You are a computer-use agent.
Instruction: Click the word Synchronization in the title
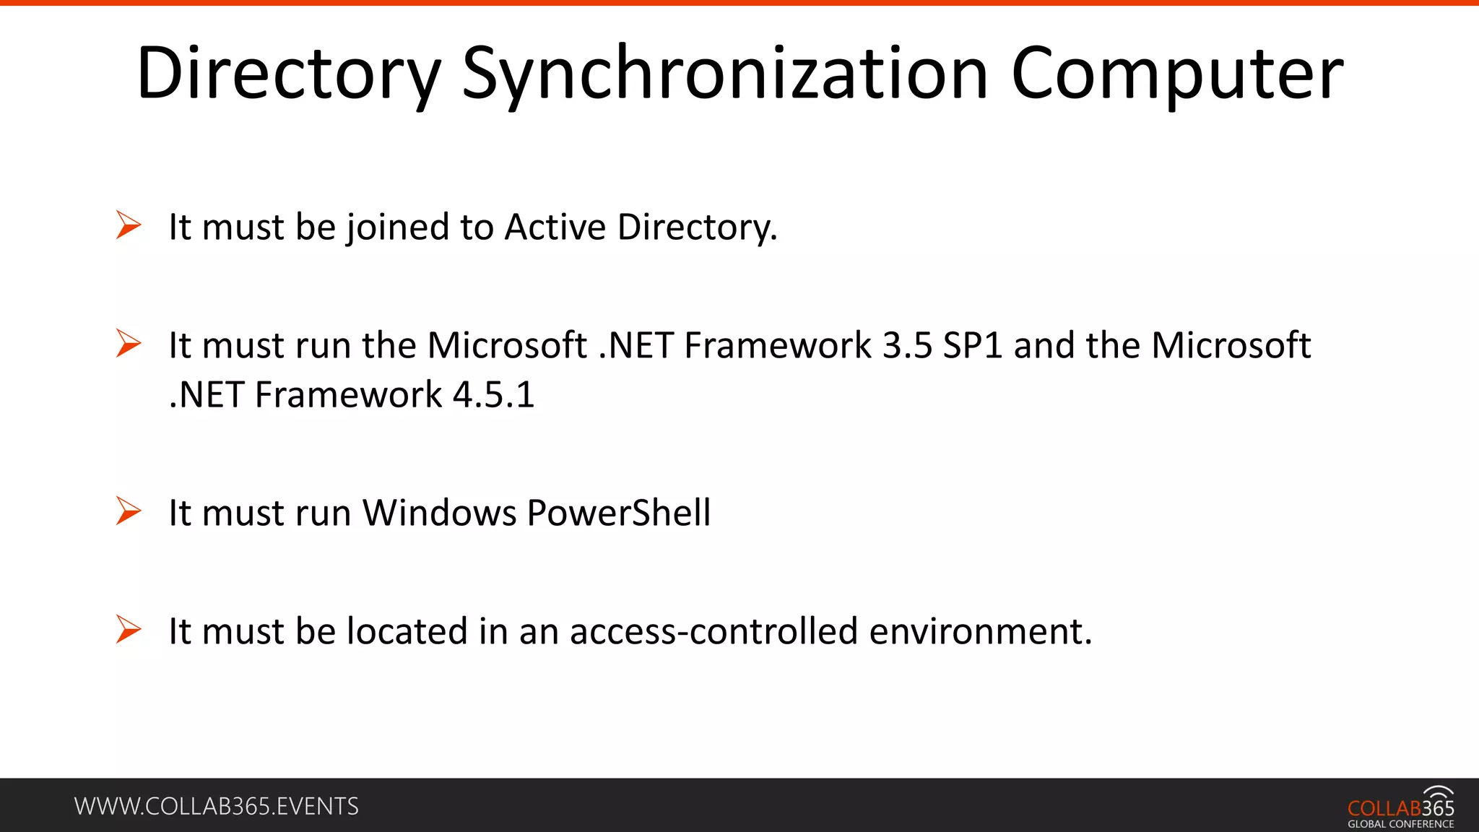coord(724,74)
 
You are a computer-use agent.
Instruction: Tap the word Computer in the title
coord(1177,74)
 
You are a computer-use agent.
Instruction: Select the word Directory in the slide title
coord(288,74)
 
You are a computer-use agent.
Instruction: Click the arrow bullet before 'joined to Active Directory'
coord(129,225)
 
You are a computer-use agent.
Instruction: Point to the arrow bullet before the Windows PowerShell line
coord(129,511)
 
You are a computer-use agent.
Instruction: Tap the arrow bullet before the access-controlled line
coord(129,630)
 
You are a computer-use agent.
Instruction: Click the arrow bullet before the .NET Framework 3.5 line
coord(129,344)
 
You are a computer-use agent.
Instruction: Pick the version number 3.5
coord(907,345)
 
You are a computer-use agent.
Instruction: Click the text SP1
coord(973,345)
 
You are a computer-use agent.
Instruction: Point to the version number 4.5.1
coord(493,395)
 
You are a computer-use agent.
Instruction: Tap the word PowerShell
coord(618,513)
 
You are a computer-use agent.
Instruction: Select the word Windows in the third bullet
coord(439,513)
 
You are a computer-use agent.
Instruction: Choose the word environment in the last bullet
coord(981,631)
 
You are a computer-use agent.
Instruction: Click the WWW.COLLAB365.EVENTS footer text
coord(217,806)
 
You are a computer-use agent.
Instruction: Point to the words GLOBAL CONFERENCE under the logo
coord(1400,824)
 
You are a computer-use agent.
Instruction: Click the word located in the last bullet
coord(407,631)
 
